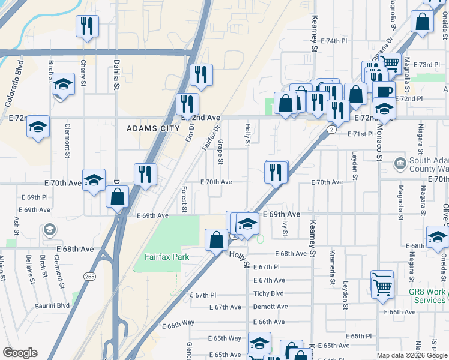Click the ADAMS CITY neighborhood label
tap(153, 128)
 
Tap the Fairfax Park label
tap(167, 257)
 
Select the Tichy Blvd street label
tap(268, 293)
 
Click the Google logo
tap(20, 353)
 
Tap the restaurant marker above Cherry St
tap(87, 26)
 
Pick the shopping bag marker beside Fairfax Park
tap(215, 240)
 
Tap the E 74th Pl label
tap(334, 41)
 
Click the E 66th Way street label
tap(178, 323)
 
